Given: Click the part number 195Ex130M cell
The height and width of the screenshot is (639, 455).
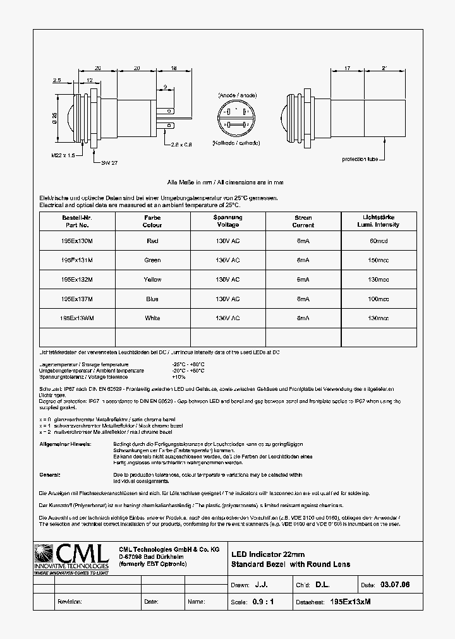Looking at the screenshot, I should [x=77, y=241].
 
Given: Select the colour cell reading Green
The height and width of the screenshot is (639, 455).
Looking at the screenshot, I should [x=152, y=260].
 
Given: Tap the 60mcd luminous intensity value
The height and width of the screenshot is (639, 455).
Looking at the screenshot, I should [x=379, y=241].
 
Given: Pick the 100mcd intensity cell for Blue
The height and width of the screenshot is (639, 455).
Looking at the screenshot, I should [x=379, y=299].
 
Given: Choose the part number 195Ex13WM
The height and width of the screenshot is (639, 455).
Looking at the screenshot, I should [x=77, y=318].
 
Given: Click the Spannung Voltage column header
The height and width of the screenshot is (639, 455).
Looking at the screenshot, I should [x=227, y=221].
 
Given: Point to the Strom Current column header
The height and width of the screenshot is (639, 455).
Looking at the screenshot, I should [x=303, y=221].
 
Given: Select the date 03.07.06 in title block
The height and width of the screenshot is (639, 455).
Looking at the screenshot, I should [x=395, y=585].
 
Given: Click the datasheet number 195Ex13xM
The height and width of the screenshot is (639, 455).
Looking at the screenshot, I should [x=350, y=602].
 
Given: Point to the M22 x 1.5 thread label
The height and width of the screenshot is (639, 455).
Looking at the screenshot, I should [x=61, y=154].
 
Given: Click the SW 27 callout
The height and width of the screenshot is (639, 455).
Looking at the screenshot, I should [x=109, y=162].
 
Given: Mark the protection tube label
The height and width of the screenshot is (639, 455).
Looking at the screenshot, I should [x=360, y=159].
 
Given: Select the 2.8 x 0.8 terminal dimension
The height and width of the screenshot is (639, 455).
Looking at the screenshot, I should [x=181, y=144].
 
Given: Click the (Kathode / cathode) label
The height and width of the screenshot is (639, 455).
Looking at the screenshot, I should [x=237, y=143].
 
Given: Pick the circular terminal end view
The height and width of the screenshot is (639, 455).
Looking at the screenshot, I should [x=236, y=118].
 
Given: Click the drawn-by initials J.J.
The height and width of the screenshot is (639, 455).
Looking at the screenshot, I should [x=260, y=585].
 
